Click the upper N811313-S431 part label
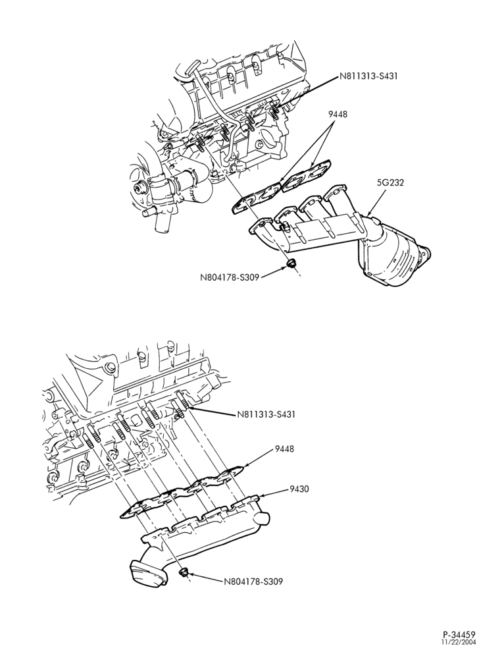(x=368, y=76)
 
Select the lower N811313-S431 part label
(x=266, y=414)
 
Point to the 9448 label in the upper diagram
(x=338, y=113)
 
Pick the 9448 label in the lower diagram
(x=284, y=449)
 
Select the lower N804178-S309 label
(x=253, y=582)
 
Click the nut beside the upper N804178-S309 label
(x=290, y=264)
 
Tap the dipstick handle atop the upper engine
(x=193, y=67)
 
